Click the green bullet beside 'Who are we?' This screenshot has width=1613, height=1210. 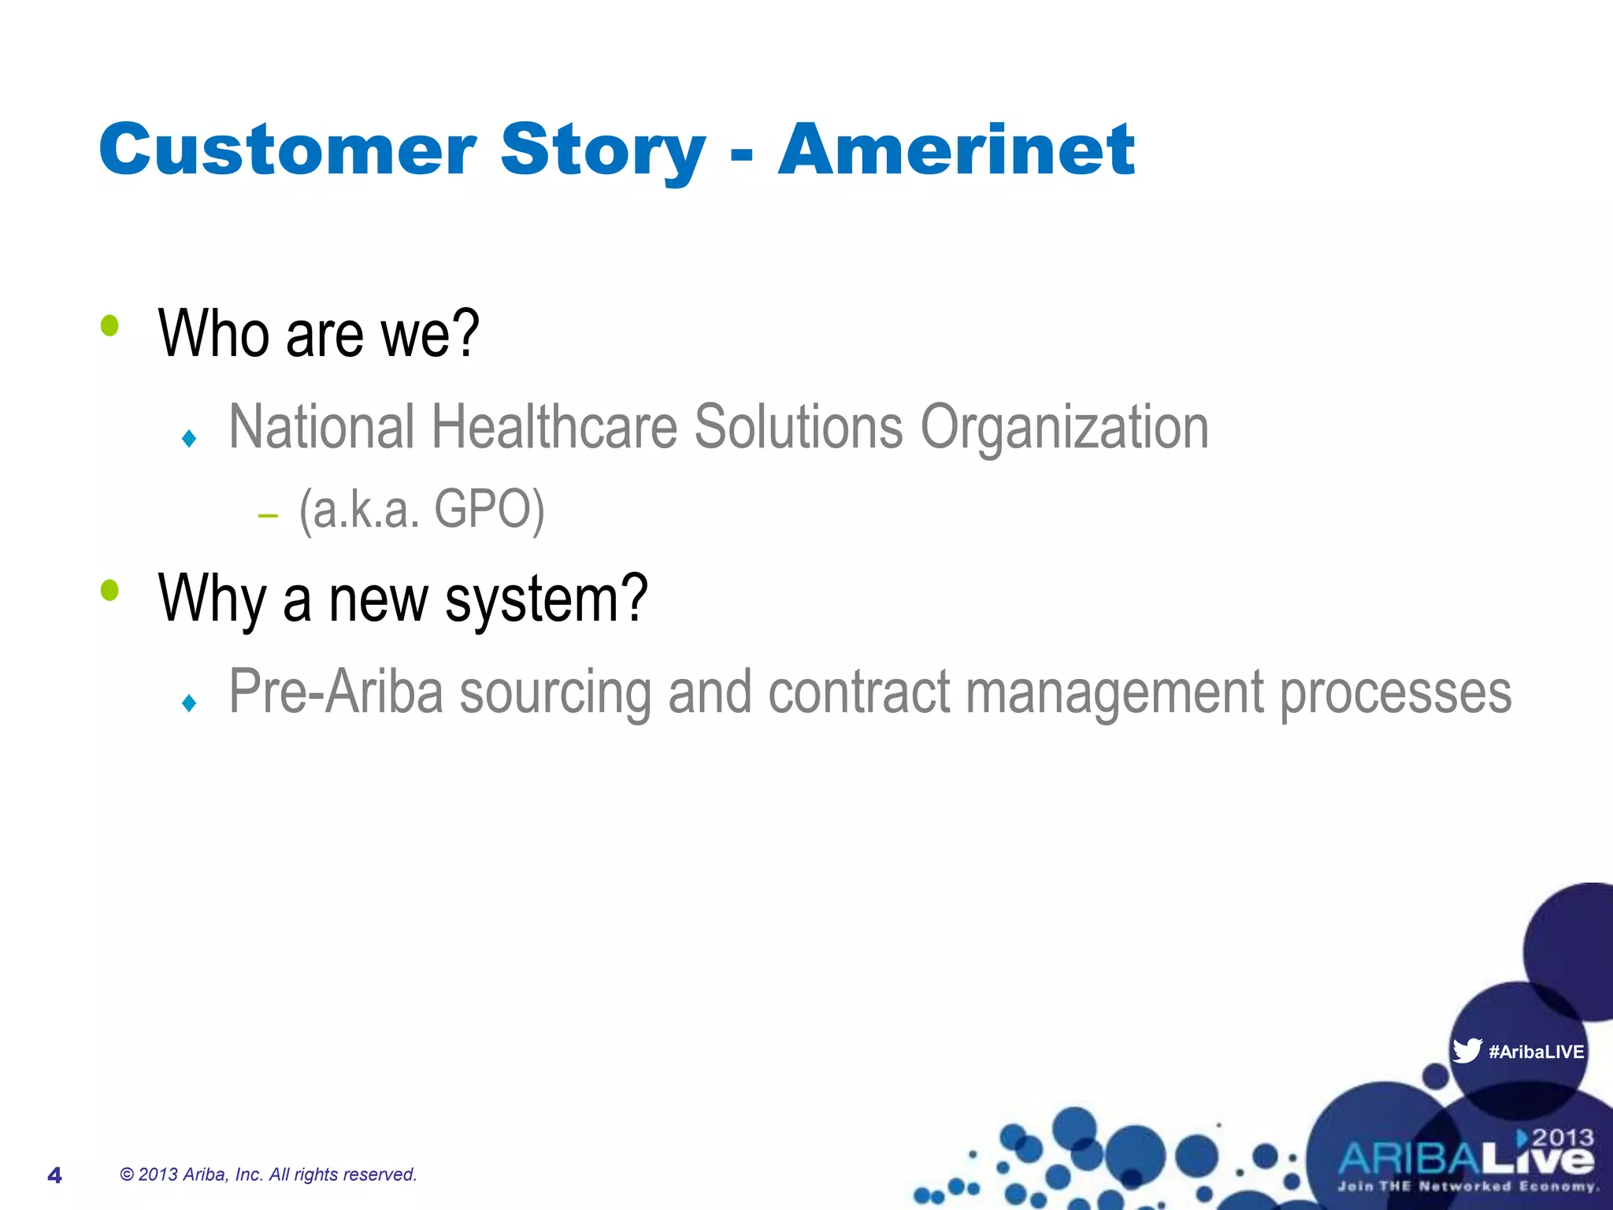coord(109,325)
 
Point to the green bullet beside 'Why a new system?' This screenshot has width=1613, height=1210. coord(109,590)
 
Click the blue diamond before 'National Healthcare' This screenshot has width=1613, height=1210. coord(188,438)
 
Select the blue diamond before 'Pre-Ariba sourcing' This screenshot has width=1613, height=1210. coord(188,703)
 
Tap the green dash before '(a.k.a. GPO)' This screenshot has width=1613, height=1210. coord(268,517)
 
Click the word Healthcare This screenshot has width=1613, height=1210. coord(554,427)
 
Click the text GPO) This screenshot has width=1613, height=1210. coord(488,510)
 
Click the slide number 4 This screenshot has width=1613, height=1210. coord(54,1175)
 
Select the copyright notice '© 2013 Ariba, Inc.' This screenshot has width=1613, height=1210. coord(268,1175)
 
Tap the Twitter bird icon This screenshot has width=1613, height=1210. coord(1466,1051)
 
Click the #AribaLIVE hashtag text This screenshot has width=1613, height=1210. coord(1536,1052)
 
